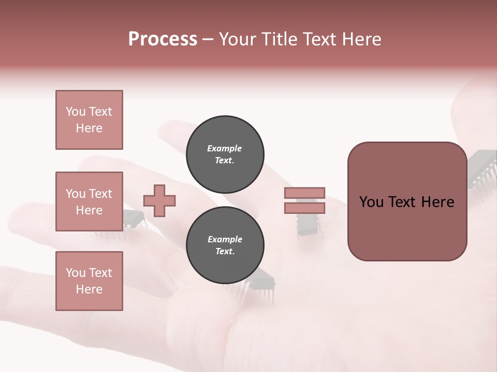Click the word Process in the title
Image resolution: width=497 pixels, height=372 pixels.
coord(163,39)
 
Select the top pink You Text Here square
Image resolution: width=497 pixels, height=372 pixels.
coord(89,120)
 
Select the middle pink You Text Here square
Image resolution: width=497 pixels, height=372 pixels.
coord(89,202)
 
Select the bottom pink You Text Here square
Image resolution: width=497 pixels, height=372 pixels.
coord(89,281)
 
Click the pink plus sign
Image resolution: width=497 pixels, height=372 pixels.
coord(159,201)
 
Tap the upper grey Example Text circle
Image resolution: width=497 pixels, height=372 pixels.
coord(225,154)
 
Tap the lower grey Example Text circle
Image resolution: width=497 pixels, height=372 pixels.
coord(225,245)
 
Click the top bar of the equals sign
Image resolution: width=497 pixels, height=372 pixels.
coord(305,193)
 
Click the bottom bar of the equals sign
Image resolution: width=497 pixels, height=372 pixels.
coord(305,208)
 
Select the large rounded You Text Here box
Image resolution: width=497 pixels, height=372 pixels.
coord(407,202)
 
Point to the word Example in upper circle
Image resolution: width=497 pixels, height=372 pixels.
coord(225,148)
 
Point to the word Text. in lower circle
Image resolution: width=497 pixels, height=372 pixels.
coord(225,252)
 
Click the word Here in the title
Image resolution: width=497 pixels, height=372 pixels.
coord(361,39)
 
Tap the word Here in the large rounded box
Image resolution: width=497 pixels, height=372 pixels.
coord(437,202)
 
